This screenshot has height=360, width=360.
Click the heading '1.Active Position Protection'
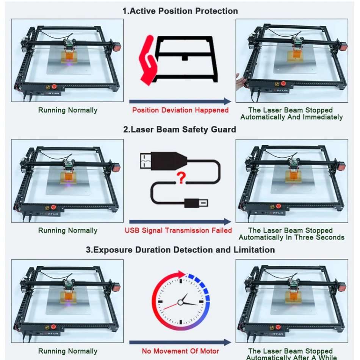click(180, 11)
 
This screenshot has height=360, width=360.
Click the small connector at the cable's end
click(197, 202)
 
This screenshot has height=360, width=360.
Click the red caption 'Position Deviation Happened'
click(180, 110)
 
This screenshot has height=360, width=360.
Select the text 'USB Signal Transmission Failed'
click(178, 230)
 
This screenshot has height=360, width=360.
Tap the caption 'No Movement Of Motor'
click(180, 351)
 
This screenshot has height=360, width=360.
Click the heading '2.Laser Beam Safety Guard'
click(180, 130)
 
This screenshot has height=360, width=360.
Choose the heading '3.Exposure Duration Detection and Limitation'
click(180, 250)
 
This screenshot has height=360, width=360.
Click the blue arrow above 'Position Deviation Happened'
click(180, 101)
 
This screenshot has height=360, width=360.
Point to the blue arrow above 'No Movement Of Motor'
click(180, 342)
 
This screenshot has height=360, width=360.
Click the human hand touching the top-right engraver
click(239, 81)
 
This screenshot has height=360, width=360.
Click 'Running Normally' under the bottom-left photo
click(68, 351)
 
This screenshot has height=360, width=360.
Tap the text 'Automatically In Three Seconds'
click(291, 237)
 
